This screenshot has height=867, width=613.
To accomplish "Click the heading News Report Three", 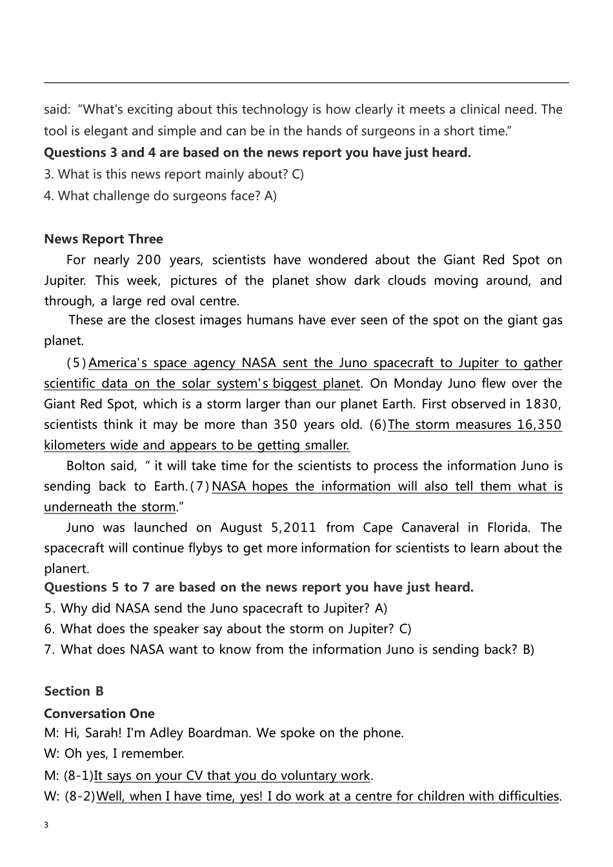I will click(x=103, y=239).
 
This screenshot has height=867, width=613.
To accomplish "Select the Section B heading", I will click(x=74, y=691).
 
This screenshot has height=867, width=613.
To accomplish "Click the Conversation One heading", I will click(x=99, y=713).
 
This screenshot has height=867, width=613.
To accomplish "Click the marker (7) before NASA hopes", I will click(x=199, y=486).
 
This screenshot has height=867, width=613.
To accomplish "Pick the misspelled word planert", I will click(x=66, y=568).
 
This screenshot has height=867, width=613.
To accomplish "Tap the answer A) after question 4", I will click(x=270, y=195).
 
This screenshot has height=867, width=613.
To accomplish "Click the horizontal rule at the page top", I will click(x=306, y=83).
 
